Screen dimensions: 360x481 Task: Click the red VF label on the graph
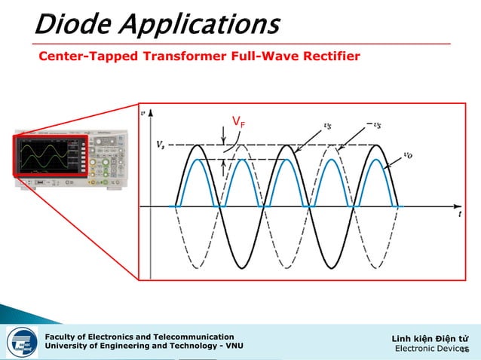click(x=238, y=122)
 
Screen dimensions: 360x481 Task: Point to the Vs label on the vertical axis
click(x=160, y=145)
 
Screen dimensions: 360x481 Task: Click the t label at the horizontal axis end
click(x=459, y=213)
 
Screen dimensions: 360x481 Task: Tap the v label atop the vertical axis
click(x=145, y=113)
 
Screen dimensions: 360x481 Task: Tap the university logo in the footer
click(x=23, y=342)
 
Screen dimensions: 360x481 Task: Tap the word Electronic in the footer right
click(x=415, y=348)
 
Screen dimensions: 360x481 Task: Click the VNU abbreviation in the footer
click(x=232, y=346)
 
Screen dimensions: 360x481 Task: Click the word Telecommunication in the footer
click(x=192, y=336)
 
